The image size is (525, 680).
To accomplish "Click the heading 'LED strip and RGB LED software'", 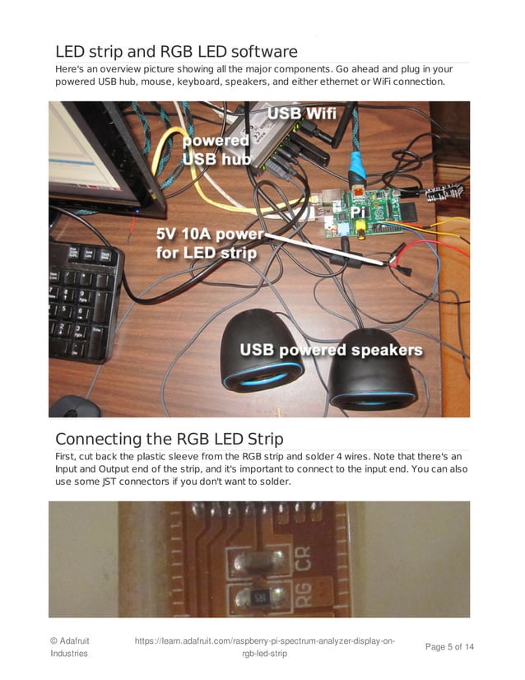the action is [175, 52].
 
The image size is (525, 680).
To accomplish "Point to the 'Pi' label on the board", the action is [358, 212].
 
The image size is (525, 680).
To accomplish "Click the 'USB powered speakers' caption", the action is [331, 350].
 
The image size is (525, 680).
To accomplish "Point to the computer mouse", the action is [74, 407].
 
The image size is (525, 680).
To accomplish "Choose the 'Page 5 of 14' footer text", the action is [449, 647].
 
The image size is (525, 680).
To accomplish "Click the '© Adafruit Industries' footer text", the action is [69, 646].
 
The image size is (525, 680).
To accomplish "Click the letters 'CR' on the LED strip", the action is [303, 564].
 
